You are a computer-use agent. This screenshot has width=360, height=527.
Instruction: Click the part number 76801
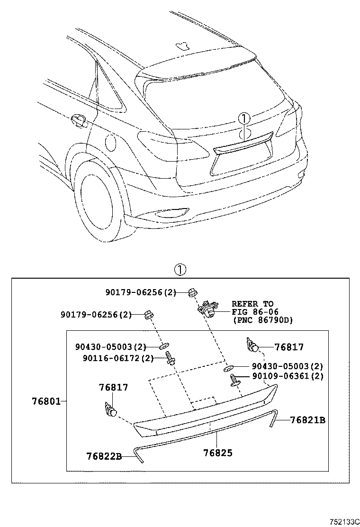(46, 401)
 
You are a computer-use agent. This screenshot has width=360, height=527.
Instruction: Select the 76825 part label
(217, 453)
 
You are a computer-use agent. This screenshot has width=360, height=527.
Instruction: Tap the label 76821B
(307, 420)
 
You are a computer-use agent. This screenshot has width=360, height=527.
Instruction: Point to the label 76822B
(104, 456)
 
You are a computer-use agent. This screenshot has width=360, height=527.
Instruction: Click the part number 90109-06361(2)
(287, 376)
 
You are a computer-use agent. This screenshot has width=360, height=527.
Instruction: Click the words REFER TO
(252, 303)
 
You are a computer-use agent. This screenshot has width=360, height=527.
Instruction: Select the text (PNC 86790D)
(262, 320)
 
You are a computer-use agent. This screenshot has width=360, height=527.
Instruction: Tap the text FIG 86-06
(255, 312)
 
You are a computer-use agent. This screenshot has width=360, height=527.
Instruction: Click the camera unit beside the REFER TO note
(207, 309)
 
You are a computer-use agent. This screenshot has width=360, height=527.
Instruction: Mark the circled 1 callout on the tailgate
(243, 118)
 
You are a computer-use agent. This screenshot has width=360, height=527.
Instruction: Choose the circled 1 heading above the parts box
(180, 270)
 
